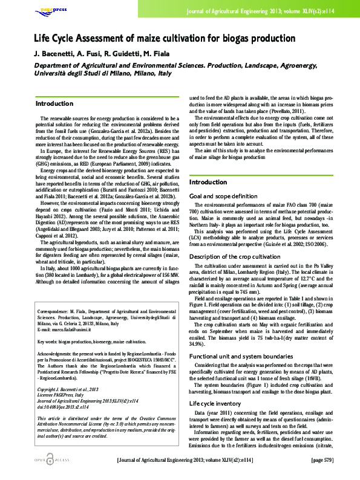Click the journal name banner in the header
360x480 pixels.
269,11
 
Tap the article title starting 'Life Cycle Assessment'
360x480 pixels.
164,39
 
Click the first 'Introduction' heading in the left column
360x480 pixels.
54,103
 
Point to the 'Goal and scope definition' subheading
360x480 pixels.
223,196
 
